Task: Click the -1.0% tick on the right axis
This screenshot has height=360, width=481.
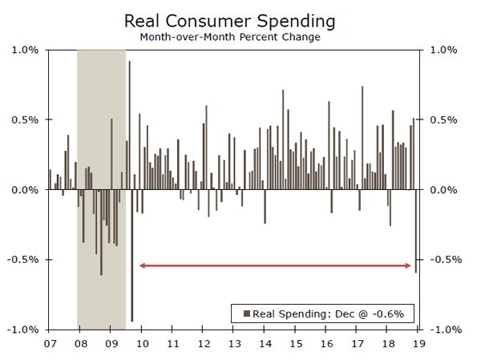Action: pos(447,330)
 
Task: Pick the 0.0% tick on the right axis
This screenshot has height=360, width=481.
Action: pos(445,190)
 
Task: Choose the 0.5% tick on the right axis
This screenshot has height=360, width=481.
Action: pos(445,120)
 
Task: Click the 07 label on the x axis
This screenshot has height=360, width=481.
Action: pos(50,344)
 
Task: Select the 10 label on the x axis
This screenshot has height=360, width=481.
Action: pos(142,344)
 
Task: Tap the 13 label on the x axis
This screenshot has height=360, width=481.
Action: pos(234,344)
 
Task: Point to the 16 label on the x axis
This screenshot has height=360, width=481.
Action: pos(326,344)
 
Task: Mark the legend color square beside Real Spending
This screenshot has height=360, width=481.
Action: pos(246,313)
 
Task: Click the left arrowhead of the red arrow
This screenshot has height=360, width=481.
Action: pos(143,265)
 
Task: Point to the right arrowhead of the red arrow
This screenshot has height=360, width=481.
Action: pos(410,265)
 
